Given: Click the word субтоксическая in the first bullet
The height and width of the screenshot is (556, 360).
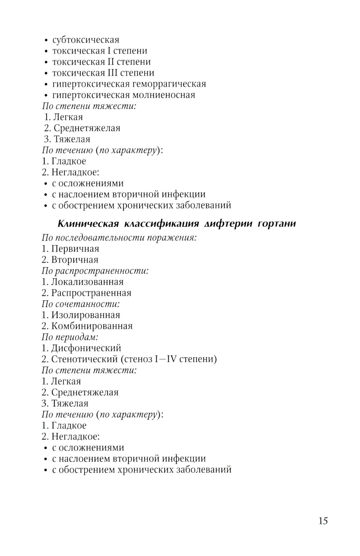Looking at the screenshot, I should (86, 40).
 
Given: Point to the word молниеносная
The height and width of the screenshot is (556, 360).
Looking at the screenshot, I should (164, 95).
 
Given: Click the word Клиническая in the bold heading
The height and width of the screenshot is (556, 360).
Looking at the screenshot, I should (88, 224).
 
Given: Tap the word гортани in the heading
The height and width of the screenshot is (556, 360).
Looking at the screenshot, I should (277, 224).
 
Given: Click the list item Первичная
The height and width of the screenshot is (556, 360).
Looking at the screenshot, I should (75, 249).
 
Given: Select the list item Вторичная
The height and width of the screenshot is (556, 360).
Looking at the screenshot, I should (75, 260).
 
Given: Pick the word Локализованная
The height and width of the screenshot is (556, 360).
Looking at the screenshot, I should (87, 282).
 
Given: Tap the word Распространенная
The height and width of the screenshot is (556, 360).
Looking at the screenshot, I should (91, 293).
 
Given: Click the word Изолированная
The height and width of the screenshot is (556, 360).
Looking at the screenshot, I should (85, 315).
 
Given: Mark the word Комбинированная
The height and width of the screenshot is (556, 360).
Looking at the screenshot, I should (92, 326).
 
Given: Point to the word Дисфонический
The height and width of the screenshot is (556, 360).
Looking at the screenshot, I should (86, 348).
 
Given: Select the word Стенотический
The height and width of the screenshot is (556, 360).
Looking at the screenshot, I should (85, 359).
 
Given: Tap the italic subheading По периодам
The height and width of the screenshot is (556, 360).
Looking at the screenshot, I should (70, 337).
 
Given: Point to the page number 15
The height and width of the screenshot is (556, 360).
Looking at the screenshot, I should (323, 521).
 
